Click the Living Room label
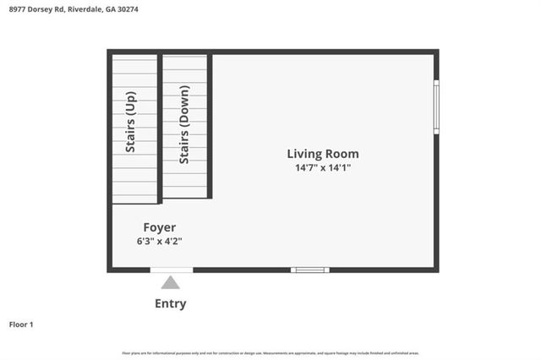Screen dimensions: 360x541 pyautogui.click(x=323, y=154)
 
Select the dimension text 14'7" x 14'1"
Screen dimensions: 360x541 pyautogui.click(x=323, y=168)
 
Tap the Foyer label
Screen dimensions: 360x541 pyautogui.click(x=159, y=227)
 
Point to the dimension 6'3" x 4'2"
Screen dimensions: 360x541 pyautogui.click(x=159, y=241)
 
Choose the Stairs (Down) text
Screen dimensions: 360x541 pyautogui.click(x=183, y=128)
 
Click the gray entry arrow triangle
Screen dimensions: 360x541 pyautogui.click(x=171, y=283)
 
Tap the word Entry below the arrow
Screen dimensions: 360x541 pyautogui.click(x=171, y=304)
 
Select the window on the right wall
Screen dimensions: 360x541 pyautogui.click(x=436, y=106)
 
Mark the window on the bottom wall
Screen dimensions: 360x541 pyautogui.click(x=309, y=270)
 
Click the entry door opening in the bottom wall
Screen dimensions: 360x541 pyautogui.click(x=171, y=270)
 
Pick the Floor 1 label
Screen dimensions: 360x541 pyautogui.click(x=21, y=325)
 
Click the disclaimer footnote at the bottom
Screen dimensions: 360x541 pyautogui.click(x=270, y=353)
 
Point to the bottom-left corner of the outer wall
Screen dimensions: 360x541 pyautogui.click(x=109, y=270)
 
